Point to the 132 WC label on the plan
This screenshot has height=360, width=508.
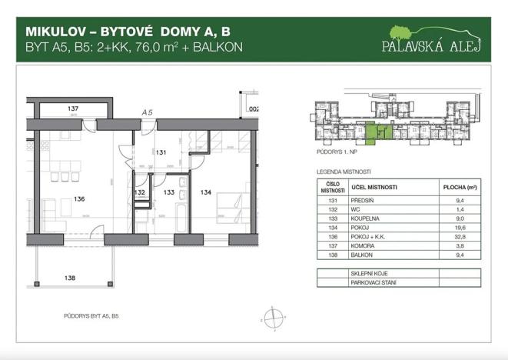(x=140, y=192)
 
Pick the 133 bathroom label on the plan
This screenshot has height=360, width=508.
(x=170, y=192)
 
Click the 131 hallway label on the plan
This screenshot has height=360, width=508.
(x=162, y=152)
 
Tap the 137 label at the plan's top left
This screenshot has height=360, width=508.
(x=74, y=108)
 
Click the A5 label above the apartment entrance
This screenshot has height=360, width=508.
(x=147, y=112)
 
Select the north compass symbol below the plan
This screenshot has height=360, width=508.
(x=271, y=317)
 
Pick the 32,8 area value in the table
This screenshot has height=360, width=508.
(x=460, y=238)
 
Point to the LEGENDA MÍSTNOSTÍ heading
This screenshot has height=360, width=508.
(x=344, y=172)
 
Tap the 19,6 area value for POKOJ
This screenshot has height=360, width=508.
(x=460, y=228)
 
